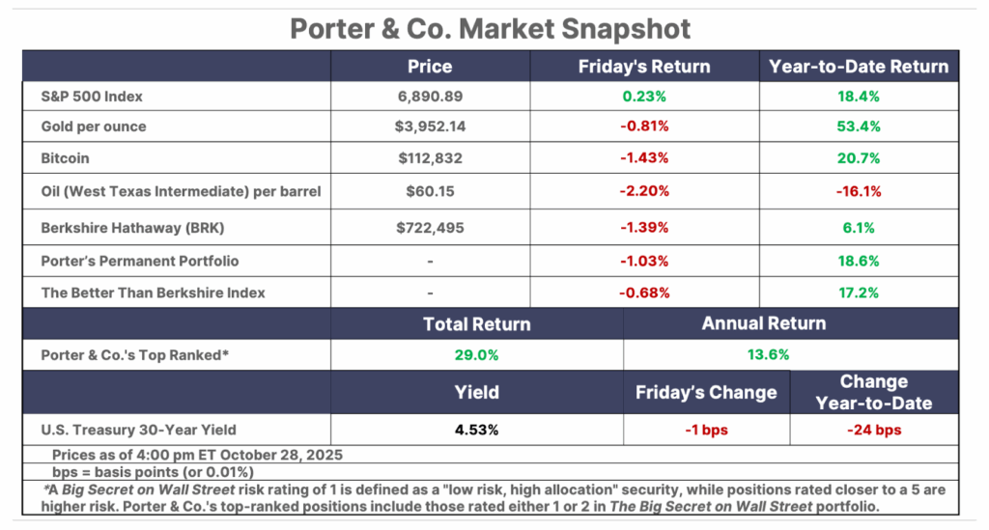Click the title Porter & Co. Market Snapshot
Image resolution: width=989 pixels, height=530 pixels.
(x=492, y=28)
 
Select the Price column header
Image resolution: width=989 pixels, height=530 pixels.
(x=429, y=67)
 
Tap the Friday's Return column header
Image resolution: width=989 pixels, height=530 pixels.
(x=643, y=67)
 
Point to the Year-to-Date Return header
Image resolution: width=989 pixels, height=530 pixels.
(x=859, y=67)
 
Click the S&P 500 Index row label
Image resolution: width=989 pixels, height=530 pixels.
(x=93, y=98)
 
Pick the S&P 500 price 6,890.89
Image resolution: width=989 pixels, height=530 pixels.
(x=429, y=98)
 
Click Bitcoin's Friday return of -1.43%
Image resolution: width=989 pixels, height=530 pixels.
(x=643, y=159)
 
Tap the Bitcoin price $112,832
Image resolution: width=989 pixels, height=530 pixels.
(x=429, y=159)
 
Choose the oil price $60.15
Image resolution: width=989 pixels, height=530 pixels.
(x=429, y=191)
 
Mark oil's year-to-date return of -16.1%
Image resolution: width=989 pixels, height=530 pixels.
(x=859, y=191)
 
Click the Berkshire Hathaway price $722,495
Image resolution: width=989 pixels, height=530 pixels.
(x=429, y=228)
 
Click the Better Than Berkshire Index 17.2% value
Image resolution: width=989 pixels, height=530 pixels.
(x=859, y=293)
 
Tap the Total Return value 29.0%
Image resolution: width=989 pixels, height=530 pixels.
(x=476, y=354)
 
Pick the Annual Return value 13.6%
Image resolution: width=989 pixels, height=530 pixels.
(x=764, y=354)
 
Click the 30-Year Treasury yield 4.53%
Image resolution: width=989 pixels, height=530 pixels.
(x=476, y=430)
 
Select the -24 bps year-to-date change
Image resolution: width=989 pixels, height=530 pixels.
(x=873, y=430)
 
